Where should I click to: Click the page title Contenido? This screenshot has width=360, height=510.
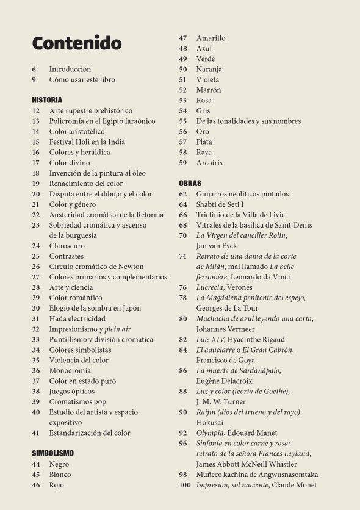[x=77, y=43]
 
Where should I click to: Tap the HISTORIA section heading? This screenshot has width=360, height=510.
[x=47, y=100]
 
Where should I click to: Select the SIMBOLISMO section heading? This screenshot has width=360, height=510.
[x=52, y=453]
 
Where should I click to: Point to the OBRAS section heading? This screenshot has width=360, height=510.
[x=190, y=183]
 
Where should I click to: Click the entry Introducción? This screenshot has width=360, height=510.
[x=70, y=70]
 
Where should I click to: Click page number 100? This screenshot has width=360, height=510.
[x=184, y=485]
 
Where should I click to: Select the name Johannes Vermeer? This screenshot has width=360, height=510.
[x=223, y=329]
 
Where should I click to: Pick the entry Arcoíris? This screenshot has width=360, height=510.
[x=209, y=163]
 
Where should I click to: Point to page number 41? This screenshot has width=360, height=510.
[x=35, y=433]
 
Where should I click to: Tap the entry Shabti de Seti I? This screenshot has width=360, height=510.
[x=220, y=204]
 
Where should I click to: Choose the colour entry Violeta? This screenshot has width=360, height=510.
[x=207, y=80]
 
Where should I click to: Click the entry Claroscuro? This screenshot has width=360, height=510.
[x=67, y=246]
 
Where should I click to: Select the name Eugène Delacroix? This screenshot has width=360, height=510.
[x=224, y=381]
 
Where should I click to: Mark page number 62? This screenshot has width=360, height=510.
[x=183, y=194]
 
